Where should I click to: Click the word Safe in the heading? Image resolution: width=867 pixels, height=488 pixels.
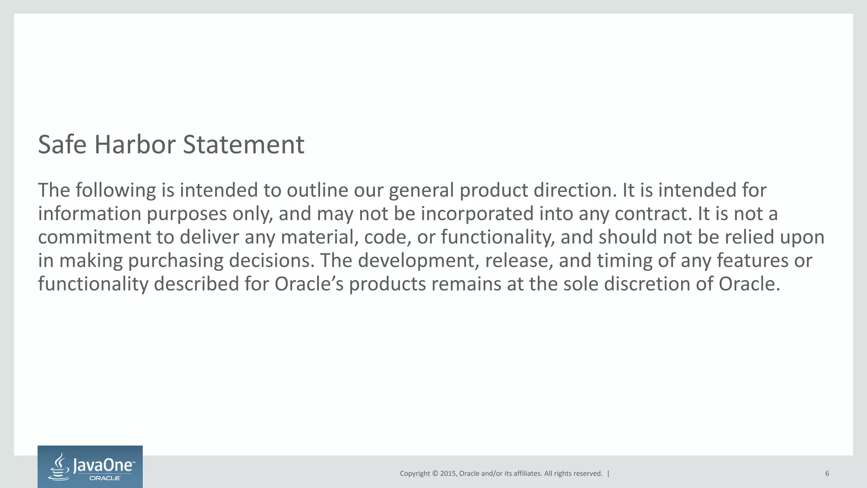click(62, 144)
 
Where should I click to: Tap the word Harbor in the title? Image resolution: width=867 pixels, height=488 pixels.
click(135, 144)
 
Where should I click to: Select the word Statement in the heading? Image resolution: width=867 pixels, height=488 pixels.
click(243, 144)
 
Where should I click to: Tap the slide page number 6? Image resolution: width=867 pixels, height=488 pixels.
click(827, 474)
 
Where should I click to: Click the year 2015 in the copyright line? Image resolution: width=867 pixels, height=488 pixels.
click(448, 474)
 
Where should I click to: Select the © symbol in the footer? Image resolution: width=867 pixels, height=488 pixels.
click(434, 474)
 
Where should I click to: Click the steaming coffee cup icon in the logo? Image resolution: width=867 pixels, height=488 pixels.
click(60, 467)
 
